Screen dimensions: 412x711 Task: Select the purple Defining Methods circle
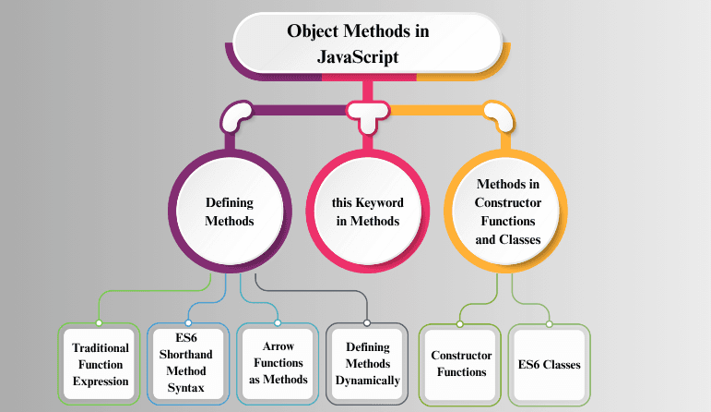(228, 212)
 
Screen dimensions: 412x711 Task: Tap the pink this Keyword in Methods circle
(367, 212)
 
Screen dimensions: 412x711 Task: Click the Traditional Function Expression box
(101, 364)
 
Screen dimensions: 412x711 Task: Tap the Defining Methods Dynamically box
(367, 364)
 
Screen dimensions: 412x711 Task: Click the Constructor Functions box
(461, 364)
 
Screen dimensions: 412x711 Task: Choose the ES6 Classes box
(549, 364)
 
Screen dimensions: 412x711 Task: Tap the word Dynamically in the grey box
(367, 380)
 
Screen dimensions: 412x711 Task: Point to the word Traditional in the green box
(101, 347)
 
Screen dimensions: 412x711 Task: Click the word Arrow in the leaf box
(278, 348)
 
